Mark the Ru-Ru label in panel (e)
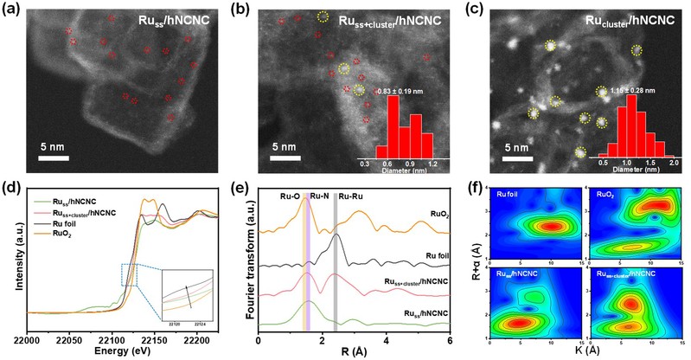coord(350,196)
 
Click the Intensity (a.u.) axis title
coord(10,260)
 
